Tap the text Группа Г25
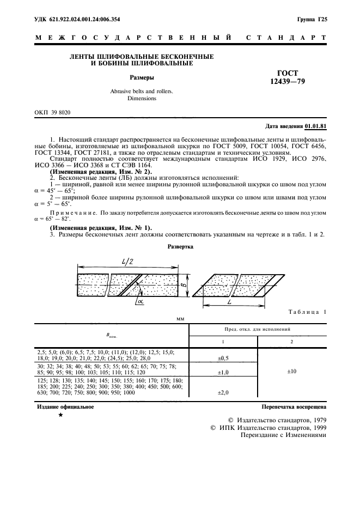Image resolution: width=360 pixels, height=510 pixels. [x=312, y=19]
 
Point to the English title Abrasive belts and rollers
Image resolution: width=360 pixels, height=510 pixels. [x=134, y=91]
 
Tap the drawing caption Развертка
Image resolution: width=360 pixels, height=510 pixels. [x=180, y=247]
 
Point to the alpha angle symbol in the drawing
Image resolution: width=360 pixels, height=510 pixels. [x=141, y=300]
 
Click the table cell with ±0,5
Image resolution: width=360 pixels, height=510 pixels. [x=223, y=358]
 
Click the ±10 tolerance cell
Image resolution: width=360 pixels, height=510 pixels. [x=292, y=372]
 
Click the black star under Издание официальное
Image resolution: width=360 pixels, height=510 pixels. [x=61, y=415]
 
